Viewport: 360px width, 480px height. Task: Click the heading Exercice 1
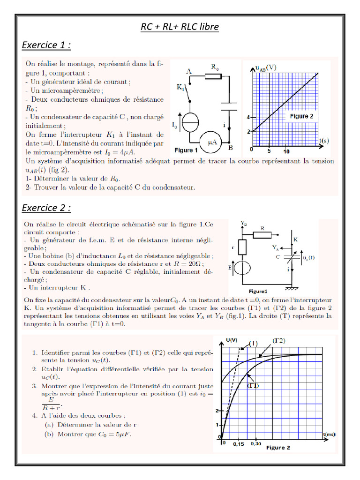click(46, 45)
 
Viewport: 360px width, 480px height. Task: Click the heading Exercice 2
click(46, 207)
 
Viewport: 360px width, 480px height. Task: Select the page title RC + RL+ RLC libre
click(180, 27)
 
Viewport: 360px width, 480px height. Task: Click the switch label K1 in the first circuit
click(180, 88)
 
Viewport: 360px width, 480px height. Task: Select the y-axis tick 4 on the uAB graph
click(249, 117)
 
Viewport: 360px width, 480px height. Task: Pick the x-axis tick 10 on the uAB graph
click(286, 151)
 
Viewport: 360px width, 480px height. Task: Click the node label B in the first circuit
click(231, 148)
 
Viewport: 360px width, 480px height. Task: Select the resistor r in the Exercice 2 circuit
click(242, 247)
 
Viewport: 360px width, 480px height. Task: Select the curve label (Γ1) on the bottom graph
click(254, 385)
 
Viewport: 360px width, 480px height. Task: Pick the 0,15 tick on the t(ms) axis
click(238, 443)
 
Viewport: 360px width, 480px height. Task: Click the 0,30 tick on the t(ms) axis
click(255, 443)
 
